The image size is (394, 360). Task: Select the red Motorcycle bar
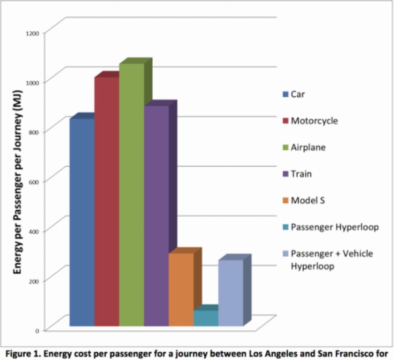(x=106, y=201)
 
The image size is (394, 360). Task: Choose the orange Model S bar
(x=181, y=289)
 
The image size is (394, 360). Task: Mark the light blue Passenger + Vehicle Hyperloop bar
(x=231, y=293)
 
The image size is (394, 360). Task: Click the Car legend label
(x=298, y=94)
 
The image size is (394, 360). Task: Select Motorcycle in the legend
(x=314, y=120)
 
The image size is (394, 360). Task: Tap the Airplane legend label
(x=308, y=147)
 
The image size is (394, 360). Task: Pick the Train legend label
(x=302, y=174)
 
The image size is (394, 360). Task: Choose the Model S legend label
(x=308, y=200)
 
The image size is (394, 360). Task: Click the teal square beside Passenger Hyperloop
(x=285, y=227)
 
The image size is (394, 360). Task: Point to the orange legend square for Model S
(x=285, y=201)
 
